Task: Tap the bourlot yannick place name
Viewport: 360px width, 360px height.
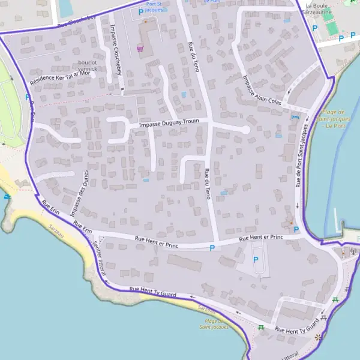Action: [88, 65]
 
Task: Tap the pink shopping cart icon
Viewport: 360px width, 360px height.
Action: [140, 49]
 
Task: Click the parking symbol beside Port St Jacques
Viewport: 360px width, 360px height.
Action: [141, 11]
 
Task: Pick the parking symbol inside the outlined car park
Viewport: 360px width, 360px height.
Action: [256, 260]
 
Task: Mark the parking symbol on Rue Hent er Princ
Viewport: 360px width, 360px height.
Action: [212, 248]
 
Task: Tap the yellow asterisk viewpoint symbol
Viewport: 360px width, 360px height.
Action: [318, 337]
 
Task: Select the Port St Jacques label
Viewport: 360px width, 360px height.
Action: [158, 7]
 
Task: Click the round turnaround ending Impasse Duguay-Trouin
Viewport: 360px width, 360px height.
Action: [245, 130]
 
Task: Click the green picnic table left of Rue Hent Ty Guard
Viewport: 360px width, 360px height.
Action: [261, 328]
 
